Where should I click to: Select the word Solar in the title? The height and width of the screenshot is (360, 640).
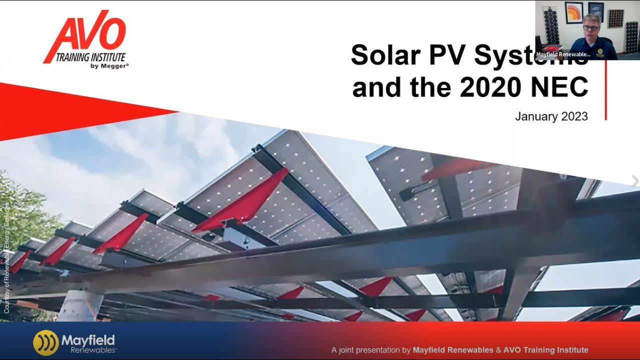coord(385,54)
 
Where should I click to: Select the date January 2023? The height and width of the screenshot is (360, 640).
coord(551,116)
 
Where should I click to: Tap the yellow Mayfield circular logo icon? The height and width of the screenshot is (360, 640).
coord(45,342)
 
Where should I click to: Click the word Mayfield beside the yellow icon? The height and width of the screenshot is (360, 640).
coord(88,340)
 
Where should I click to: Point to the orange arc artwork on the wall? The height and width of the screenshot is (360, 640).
coord(573,12)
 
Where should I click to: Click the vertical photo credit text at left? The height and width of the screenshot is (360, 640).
coord(7,257)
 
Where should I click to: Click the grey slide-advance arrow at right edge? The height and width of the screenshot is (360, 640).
coord(635,181)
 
